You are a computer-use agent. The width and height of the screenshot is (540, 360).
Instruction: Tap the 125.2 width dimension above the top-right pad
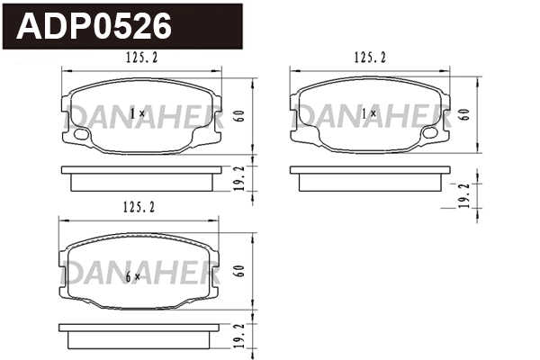click(370, 58)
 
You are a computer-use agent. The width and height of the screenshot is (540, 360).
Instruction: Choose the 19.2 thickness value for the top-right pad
click(463, 197)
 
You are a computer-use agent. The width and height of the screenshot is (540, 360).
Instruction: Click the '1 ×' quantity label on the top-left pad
click(137, 114)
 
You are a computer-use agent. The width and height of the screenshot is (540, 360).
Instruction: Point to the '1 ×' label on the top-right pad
click(369, 114)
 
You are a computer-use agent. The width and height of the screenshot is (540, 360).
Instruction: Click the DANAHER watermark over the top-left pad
click(139, 113)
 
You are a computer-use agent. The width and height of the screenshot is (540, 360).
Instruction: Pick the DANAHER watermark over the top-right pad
click(371, 113)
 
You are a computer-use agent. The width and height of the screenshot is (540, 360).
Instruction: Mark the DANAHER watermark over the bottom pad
click(139, 270)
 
